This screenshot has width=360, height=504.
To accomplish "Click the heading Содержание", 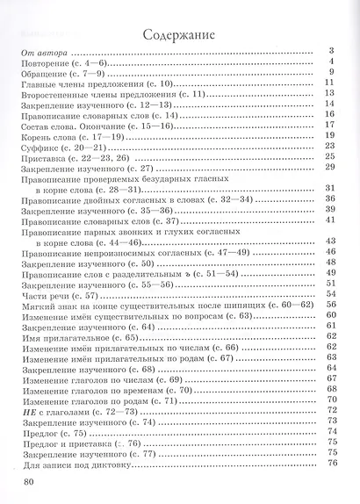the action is (181, 34).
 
